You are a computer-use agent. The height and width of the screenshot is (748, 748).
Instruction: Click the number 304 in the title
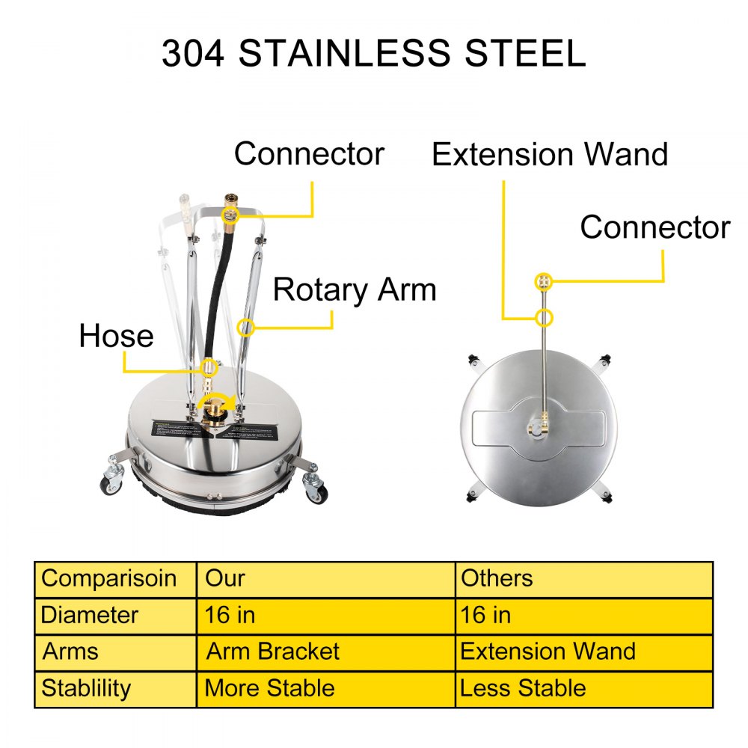193,53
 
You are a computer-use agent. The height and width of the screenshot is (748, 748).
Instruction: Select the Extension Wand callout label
550,155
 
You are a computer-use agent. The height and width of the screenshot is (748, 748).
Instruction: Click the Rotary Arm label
355,289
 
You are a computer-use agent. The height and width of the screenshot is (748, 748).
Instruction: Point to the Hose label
116,337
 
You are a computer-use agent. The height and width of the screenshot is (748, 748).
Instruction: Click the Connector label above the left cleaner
309,153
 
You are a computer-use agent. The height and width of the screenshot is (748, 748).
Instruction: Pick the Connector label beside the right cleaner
654,227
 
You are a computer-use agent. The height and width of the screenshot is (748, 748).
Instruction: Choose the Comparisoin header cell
109,578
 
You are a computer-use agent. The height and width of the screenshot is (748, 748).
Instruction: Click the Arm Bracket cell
272,651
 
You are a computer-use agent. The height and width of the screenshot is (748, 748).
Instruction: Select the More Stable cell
269,687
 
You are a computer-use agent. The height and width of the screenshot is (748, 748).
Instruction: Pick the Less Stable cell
523,687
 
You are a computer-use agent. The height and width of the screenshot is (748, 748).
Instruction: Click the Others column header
497,578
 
